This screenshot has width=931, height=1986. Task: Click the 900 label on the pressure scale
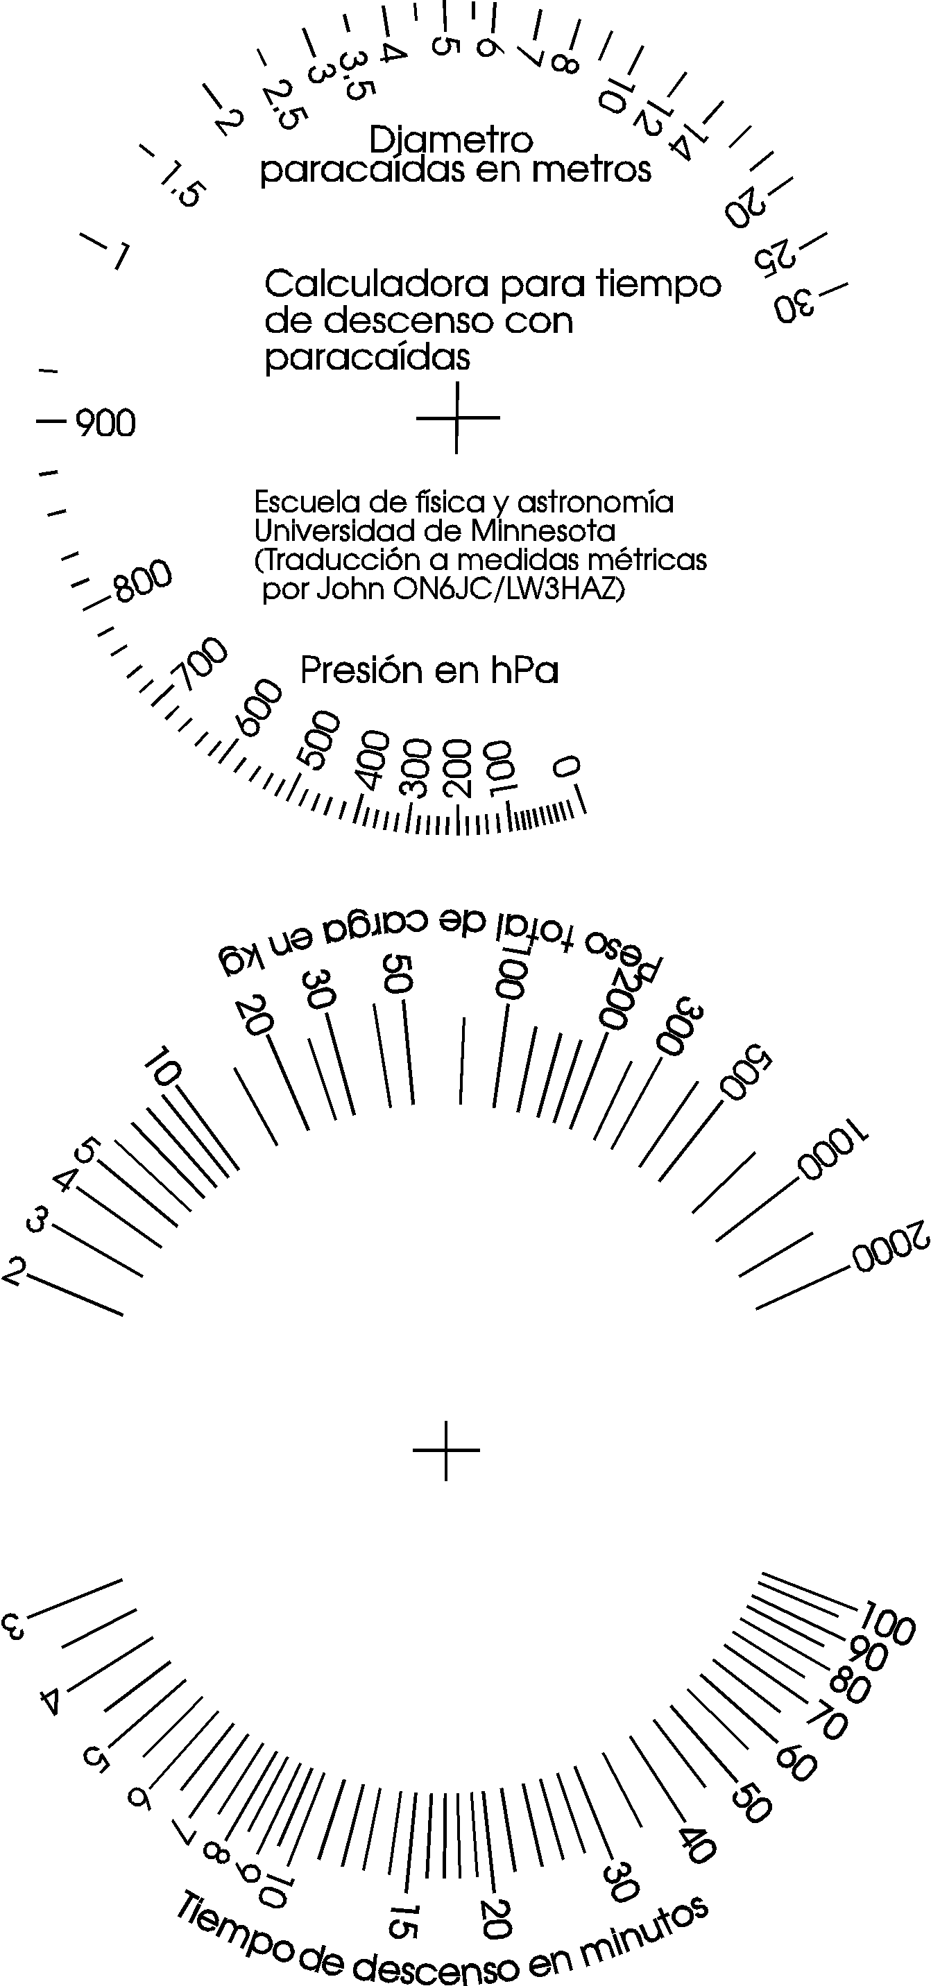pos(105,422)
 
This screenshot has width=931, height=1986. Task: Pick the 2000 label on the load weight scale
pos(891,1246)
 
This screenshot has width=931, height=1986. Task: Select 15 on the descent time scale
pos(403,1922)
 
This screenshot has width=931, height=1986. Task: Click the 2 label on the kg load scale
pos(14,1270)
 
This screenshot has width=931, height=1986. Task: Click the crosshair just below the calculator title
pos(457,418)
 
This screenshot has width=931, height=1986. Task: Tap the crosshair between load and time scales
pos(446,1450)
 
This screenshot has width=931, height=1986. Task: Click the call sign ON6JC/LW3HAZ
pos(508,589)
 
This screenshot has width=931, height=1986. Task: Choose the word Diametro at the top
pos(451,139)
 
